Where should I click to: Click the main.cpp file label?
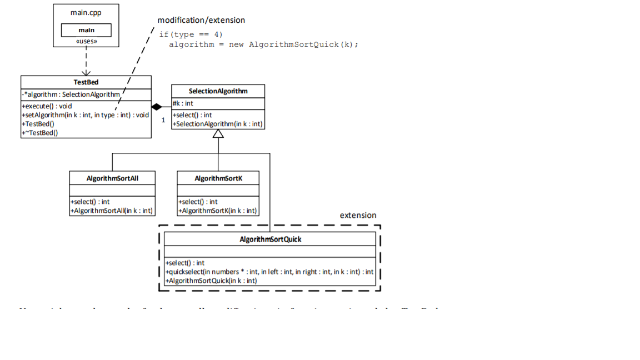pyautogui.click(x=86, y=12)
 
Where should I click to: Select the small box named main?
pyautogui.click(x=86, y=30)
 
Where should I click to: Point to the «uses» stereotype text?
pyautogui.click(x=86, y=41)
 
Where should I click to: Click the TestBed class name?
pyautogui.click(x=86, y=82)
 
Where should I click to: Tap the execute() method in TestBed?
pyautogui.click(x=47, y=106)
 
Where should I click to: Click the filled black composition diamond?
pyautogui.click(x=157, y=107)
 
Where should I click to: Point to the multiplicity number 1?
pyautogui.click(x=163, y=120)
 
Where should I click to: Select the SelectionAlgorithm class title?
pyautogui.click(x=218, y=91)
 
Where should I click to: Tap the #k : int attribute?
pyautogui.click(x=183, y=103)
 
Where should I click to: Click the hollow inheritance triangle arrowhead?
pyautogui.click(x=218, y=133)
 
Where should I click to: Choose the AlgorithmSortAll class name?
pyautogui.click(x=112, y=178)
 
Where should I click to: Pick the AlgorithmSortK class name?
pyautogui.click(x=218, y=178)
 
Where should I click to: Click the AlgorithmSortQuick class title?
pyautogui.click(x=270, y=239)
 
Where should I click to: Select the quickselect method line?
pyautogui.click(x=269, y=272)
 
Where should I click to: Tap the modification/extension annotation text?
pyautogui.click(x=201, y=20)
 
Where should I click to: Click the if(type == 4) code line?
pyautogui.click(x=191, y=34)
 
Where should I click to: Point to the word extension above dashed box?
pyautogui.click(x=358, y=216)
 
